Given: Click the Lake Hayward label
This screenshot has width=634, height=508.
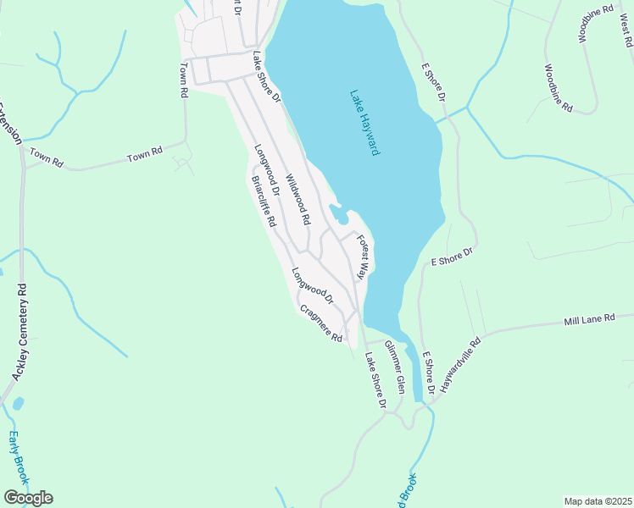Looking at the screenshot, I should pos(364,123).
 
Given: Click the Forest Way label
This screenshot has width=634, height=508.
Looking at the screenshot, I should pos(364,257).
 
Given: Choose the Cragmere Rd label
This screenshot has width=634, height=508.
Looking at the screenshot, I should pos(320,323).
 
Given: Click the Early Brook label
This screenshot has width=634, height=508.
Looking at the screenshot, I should pos(19,458).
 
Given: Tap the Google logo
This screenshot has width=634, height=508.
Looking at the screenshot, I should pos(28,498).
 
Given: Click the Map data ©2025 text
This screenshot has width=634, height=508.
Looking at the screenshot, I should pos(598,501).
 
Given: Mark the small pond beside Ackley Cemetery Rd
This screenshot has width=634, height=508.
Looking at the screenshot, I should pos(18,404).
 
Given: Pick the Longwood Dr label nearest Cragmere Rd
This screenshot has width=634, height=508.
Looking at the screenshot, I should pos(313,287).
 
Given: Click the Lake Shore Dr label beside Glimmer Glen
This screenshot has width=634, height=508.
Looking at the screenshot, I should pos(375,382).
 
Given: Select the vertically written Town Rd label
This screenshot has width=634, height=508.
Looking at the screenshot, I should pos(182,80).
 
